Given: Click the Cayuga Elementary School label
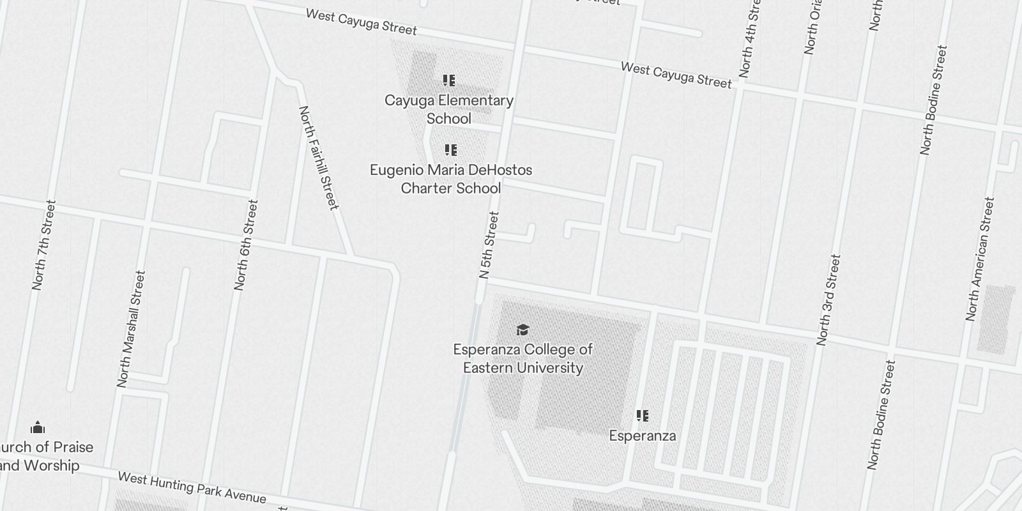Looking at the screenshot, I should [449, 109].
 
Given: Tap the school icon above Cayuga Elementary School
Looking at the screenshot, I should [449, 80].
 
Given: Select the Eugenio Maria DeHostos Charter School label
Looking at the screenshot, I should [451, 179].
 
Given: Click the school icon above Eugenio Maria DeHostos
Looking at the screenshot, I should [451, 150].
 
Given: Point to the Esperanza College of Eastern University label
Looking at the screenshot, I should [522, 358].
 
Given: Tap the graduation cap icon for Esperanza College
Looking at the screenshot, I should [522, 330].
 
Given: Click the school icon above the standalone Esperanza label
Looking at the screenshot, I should [643, 416].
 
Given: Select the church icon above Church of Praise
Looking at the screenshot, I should [38, 427].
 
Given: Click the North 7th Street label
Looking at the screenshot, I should [44, 245].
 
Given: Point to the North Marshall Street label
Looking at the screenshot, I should [131, 329].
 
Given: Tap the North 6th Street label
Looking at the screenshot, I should [247, 245].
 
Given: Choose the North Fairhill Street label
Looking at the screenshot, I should [318, 158].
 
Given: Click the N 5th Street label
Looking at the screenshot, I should [489, 245].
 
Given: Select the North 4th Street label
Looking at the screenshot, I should [749, 40].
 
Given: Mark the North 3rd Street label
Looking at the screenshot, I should [828, 300].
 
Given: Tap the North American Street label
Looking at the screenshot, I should [980, 259].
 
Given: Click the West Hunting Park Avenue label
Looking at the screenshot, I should [192, 487].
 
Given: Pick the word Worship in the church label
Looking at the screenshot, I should [51, 466].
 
